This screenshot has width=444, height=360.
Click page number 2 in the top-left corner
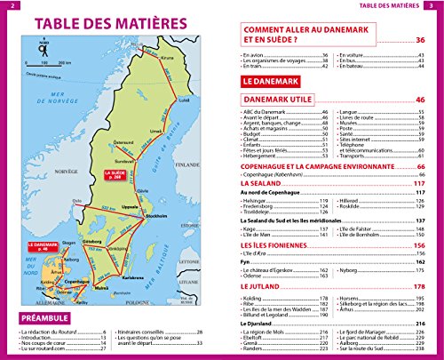6,6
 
